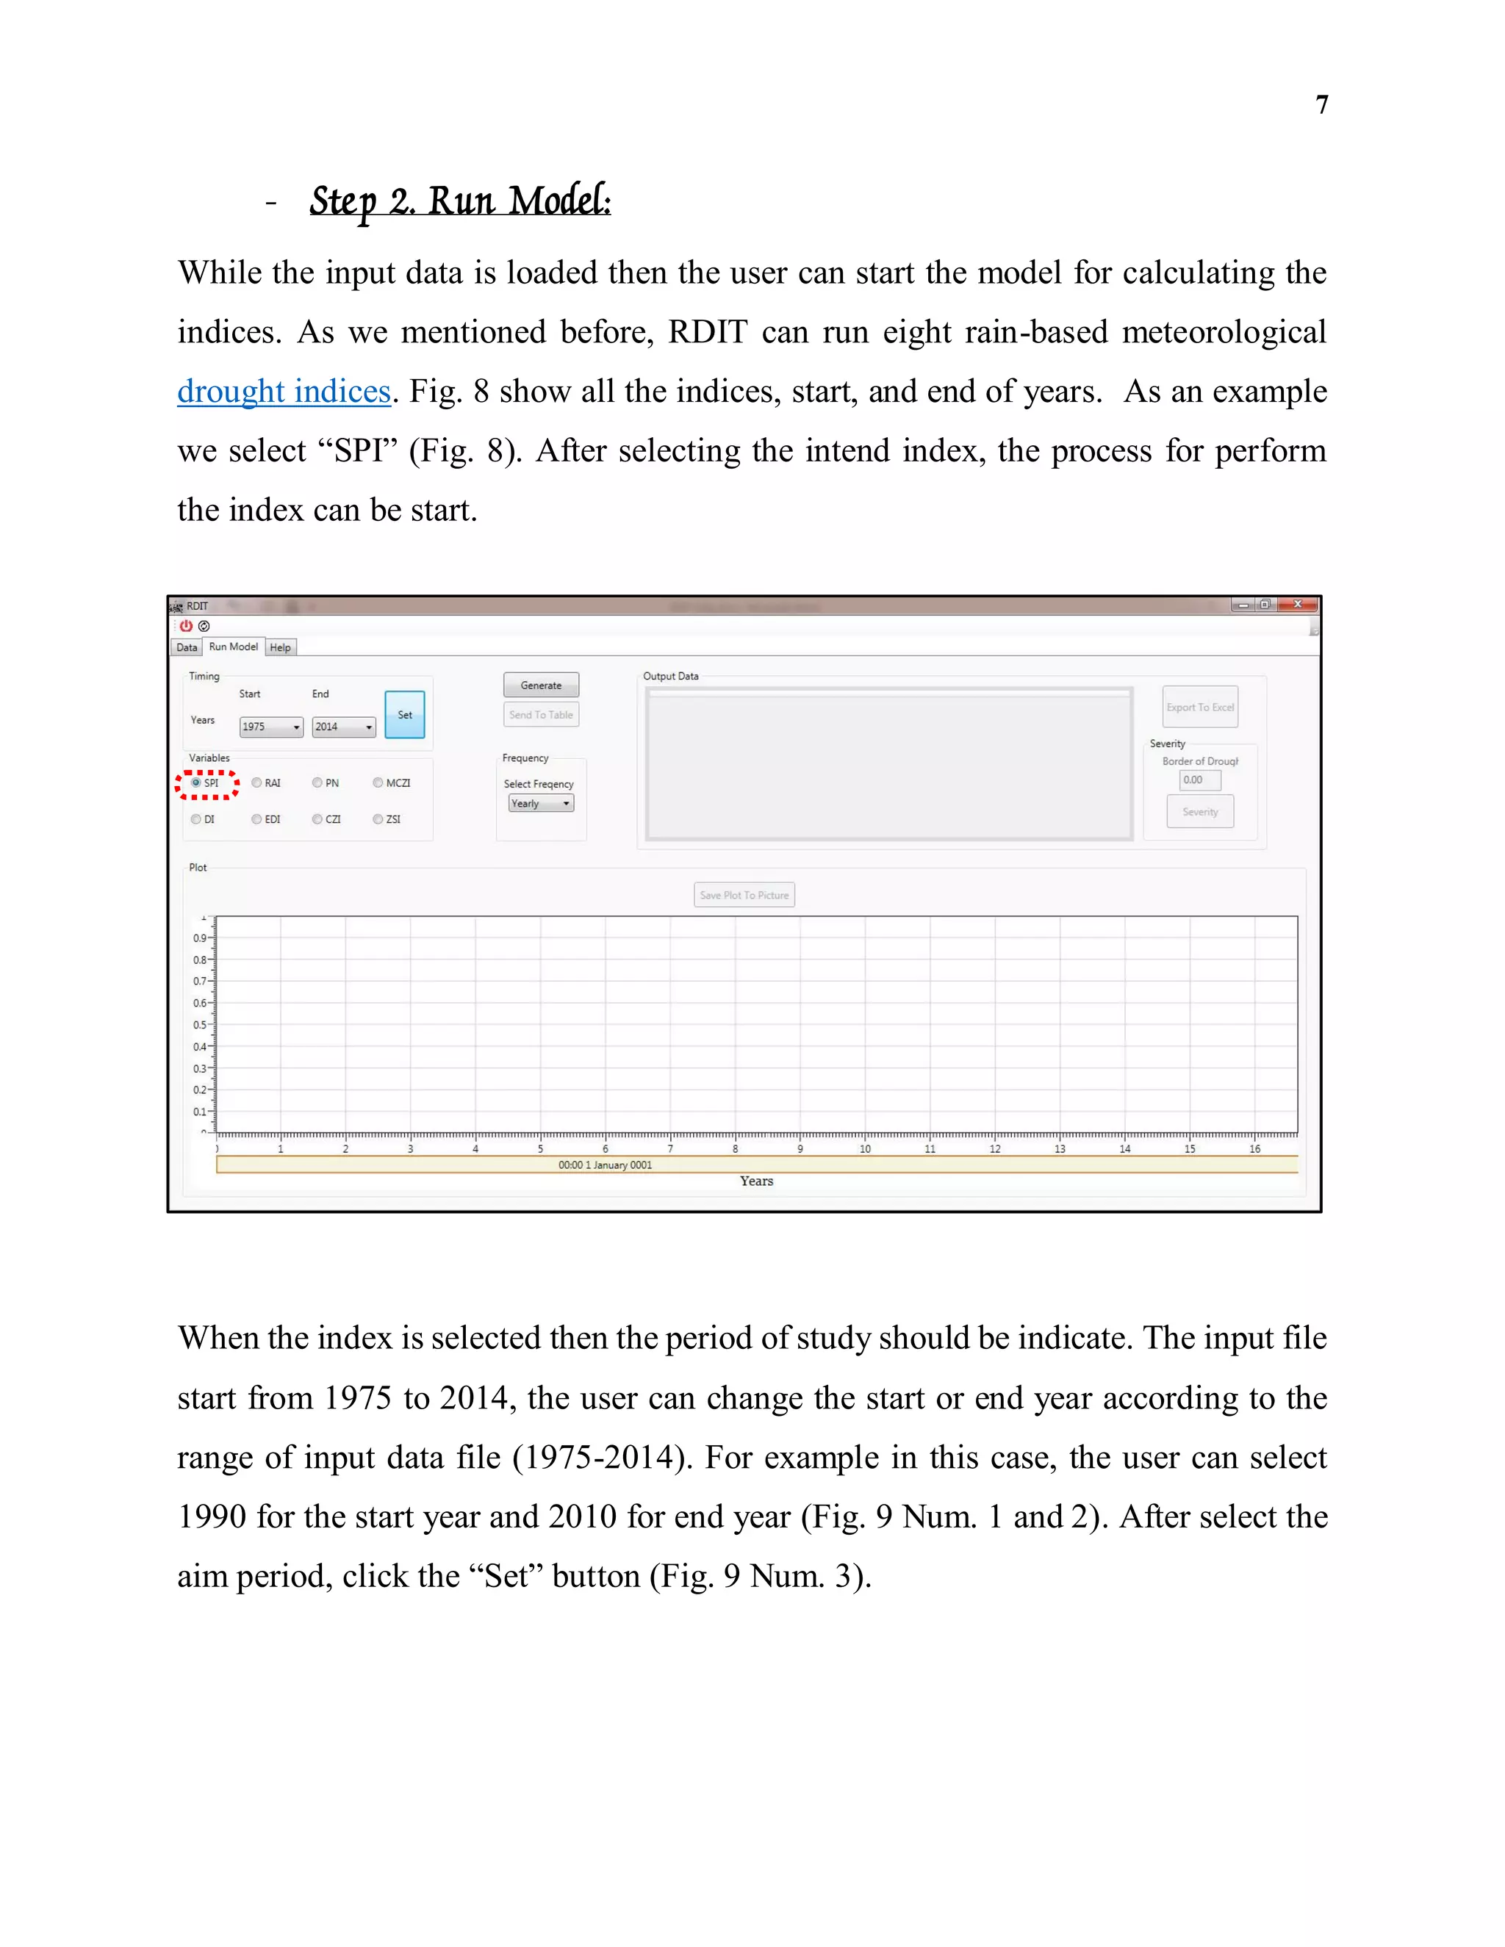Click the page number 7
click(x=1321, y=105)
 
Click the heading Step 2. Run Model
click(x=459, y=201)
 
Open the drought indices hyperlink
click(x=284, y=392)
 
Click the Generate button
click(x=540, y=685)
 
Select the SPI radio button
click(x=196, y=782)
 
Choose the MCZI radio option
click(x=378, y=782)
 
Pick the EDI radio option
click(x=256, y=818)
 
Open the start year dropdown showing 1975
click(x=271, y=727)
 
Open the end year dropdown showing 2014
click(x=343, y=727)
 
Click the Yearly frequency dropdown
click(x=540, y=803)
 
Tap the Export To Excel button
click(x=1199, y=707)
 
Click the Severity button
click(x=1199, y=811)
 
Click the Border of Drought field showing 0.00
click(x=1199, y=780)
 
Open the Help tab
click(x=280, y=647)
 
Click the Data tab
click(x=187, y=647)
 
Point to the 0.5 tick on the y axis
click(x=200, y=1024)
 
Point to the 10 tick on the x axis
click(x=864, y=1148)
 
